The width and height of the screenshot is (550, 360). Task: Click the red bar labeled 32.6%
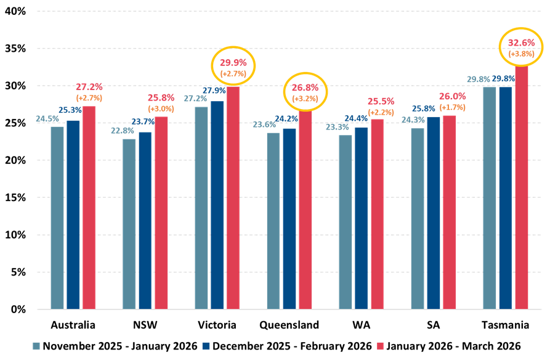pyautogui.click(x=522, y=185)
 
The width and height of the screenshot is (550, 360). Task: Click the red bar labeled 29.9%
pyautogui.click(x=233, y=197)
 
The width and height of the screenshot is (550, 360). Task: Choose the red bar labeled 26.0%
pyautogui.click(x=450, y=211)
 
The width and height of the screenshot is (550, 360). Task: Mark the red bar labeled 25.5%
pyautogui.click(x=377, y=213)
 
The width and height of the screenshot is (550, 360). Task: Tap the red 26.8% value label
pyautogui.click(x=305, y=88)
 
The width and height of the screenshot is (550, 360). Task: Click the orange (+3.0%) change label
pyautogui.click(x=161, y=108)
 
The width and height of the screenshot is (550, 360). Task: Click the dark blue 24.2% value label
pyautogui.click(x=286, y=119)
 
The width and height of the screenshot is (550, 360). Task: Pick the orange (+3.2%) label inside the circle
pyautogui.click(x=305, y=99)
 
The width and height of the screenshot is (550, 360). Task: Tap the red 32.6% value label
pyautogui.click(x=520, y=43)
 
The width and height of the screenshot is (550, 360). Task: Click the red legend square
pyautogui.click(x=380, y=346)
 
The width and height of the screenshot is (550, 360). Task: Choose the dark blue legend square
pyautogui.click(x=206, y=346)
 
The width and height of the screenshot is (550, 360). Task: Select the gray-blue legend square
pyautogui.click(x=36, y=346)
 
